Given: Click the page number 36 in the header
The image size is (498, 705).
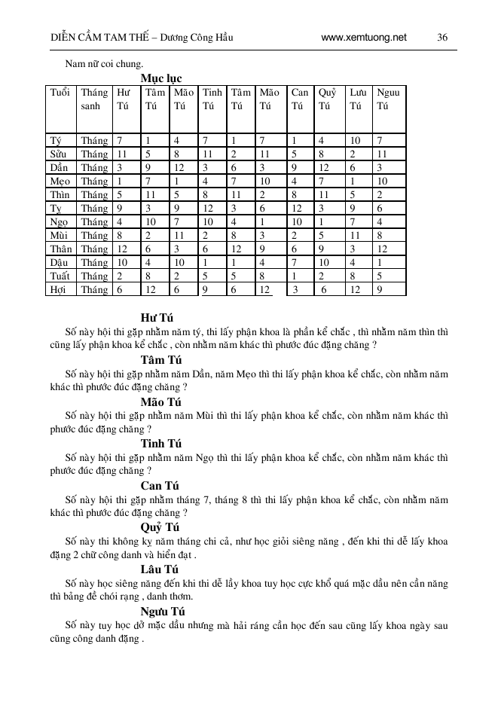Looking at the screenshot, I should pos(442,36).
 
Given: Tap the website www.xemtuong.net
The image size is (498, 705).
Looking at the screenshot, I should pos(363,36).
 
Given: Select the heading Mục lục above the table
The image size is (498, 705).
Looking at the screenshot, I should pos(160,78).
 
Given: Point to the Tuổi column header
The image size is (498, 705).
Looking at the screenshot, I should pos(60,93).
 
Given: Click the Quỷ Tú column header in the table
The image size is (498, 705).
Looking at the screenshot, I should pos(327,99).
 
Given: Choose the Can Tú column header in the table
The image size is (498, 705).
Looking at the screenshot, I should pos(299,99).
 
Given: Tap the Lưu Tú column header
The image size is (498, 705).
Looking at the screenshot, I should pos(359,99).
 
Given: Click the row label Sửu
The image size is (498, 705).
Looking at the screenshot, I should pos(58,154).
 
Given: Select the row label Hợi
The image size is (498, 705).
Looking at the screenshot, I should pos(58,289).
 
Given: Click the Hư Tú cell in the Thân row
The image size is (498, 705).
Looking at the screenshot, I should pos(122,249).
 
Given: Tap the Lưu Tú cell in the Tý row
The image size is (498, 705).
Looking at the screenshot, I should pos(356,140).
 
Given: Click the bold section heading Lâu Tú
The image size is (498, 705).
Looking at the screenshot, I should pos(159,569).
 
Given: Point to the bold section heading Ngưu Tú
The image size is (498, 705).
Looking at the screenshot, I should pos(162,611).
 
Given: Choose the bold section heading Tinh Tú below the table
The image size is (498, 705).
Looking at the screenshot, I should pos(160,443).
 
